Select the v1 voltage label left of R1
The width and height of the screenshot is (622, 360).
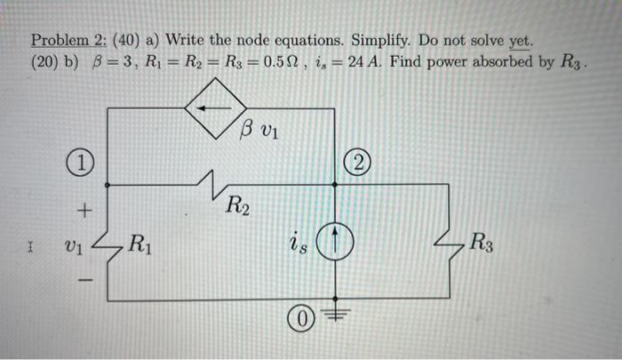[x=78, y=244]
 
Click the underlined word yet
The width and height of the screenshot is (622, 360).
[x=521, y=41]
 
